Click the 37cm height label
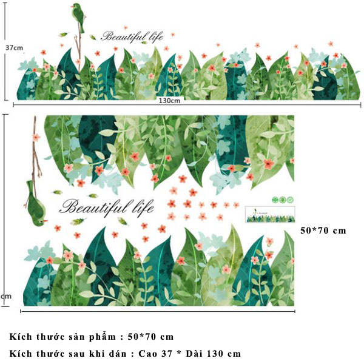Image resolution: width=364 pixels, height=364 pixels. click(x=15, y=48)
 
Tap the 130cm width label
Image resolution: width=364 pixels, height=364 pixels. click(x=169, y=101)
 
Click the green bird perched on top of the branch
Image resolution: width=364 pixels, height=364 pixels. click(x=78, y=16)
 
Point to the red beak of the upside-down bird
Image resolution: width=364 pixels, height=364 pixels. click(x=46, y=221)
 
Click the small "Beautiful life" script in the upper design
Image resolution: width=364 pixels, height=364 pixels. click(x=132, y=36)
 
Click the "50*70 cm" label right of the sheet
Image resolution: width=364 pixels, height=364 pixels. click(x=323, y=231)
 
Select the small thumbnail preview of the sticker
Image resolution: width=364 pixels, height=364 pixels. click(x=270, y=215)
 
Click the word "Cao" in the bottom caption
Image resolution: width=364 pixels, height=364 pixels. click(x=147, y=354)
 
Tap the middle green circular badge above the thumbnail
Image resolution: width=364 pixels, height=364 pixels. click(x=283, y=200)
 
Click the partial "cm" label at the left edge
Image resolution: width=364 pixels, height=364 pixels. click(x=5, y=297)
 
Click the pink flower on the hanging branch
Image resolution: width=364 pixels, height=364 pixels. click(x=36, y=137)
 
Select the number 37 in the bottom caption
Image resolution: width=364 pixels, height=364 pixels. click(x=167, y=354)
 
